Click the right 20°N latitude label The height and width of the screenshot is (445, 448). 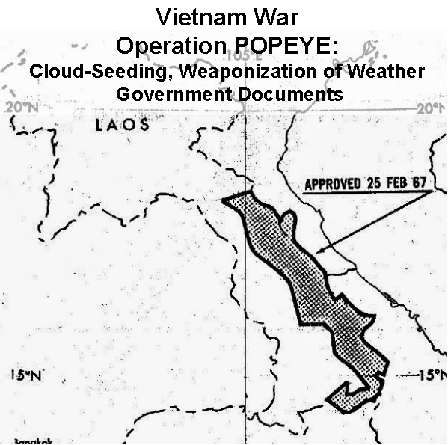pyautogui.click(x=430, y=108)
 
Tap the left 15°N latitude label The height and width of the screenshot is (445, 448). pyautogui.click(x=26, y=375)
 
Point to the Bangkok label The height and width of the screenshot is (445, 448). pyautogui.click(x=17, y=441)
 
